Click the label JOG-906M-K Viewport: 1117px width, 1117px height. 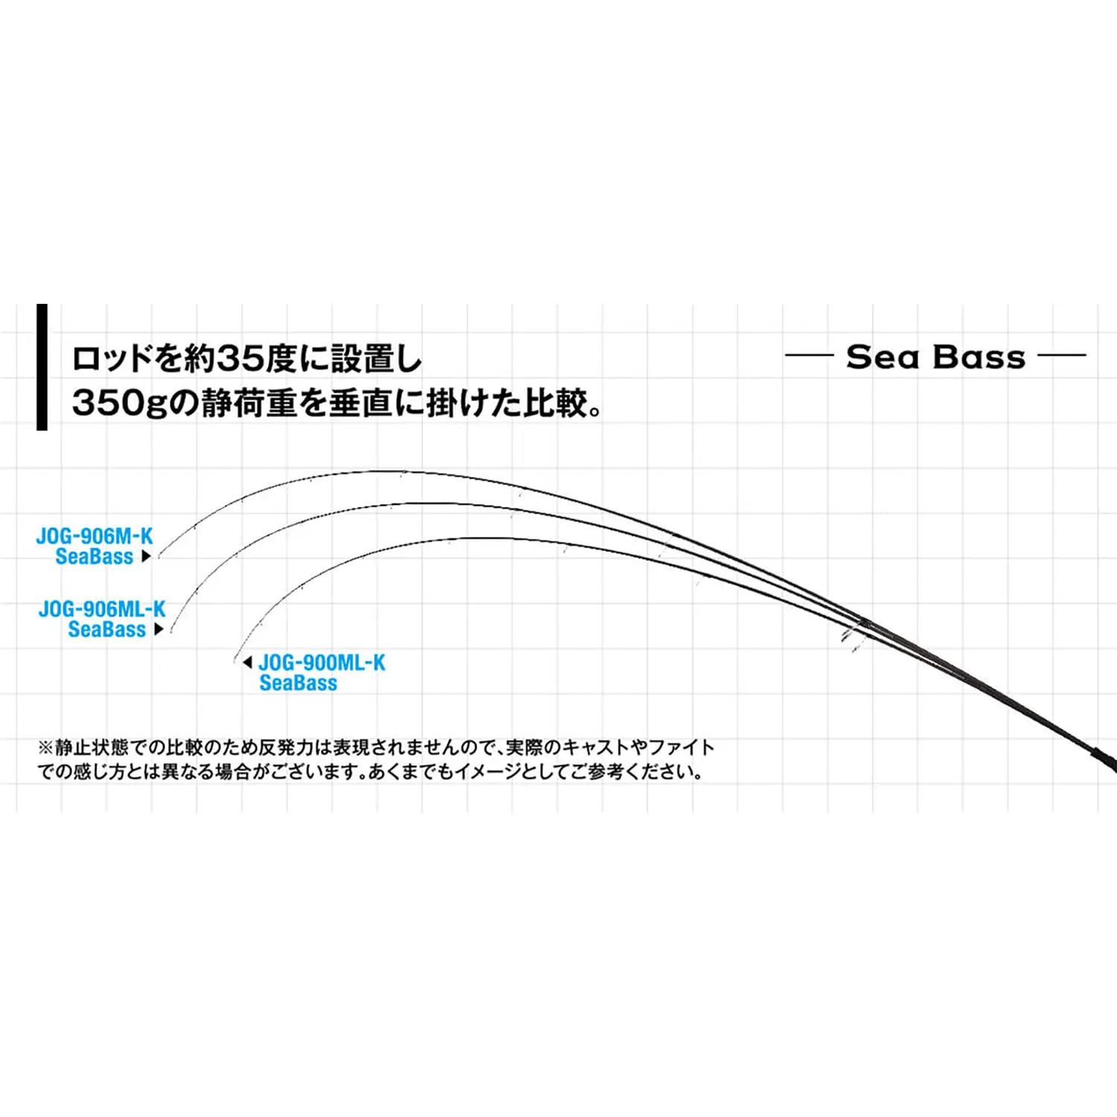point(95,535)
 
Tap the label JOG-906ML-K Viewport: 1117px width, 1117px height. point(102,608)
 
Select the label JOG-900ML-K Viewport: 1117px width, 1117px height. point(322,662)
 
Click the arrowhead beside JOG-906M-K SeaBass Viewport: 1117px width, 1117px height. point(146,556)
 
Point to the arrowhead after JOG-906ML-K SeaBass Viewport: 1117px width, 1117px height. point(159,629)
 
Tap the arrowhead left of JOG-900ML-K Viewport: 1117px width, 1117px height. point(248,662)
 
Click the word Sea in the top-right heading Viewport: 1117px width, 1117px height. point(883,357)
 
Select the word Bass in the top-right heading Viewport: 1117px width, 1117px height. point(979,357)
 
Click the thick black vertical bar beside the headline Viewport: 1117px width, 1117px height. point(42,367)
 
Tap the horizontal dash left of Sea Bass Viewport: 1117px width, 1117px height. point(809,355)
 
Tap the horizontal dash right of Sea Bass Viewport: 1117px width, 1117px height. point(1062,355)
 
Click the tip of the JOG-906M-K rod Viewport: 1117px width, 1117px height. point(159,557)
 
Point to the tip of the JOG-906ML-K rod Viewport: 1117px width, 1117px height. point(171,631)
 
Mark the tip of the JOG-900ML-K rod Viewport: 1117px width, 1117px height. point(235,661)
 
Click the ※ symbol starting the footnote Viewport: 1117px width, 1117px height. point(45,747)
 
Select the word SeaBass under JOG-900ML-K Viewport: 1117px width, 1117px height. point(298,683)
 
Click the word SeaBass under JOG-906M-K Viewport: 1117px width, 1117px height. point(95,556)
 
